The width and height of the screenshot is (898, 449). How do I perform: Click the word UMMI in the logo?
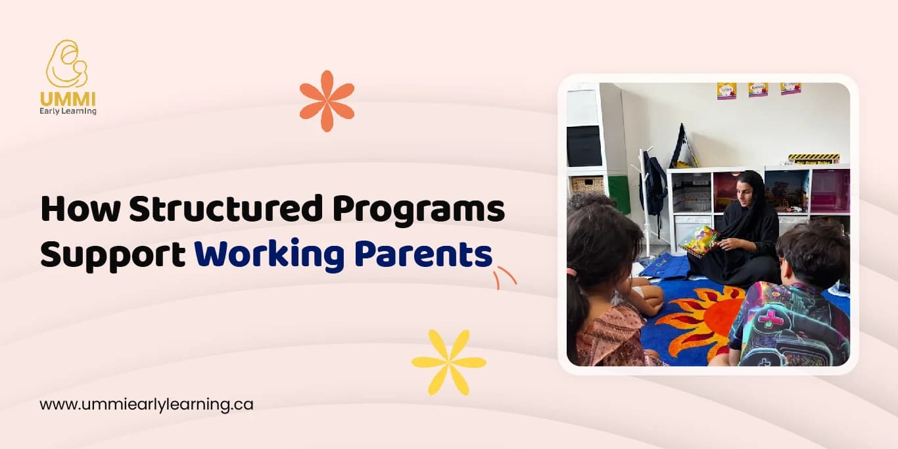pos(68,99)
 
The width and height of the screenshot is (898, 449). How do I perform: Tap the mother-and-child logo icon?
pos(67,64)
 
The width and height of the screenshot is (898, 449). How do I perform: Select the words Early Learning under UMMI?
pos(68,111)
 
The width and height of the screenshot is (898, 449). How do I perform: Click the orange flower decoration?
pos(327,101)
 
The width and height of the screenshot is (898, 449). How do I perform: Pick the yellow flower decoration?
pos(449,362)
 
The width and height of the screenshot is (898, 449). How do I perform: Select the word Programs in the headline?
pos(419,210)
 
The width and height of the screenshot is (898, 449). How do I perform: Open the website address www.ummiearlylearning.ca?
pos(146,404)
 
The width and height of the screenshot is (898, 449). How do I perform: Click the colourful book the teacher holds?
pos(699,241)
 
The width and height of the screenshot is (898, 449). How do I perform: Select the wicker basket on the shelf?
pos(588,185)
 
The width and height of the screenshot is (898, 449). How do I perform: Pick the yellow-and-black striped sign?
pos(814,158)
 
